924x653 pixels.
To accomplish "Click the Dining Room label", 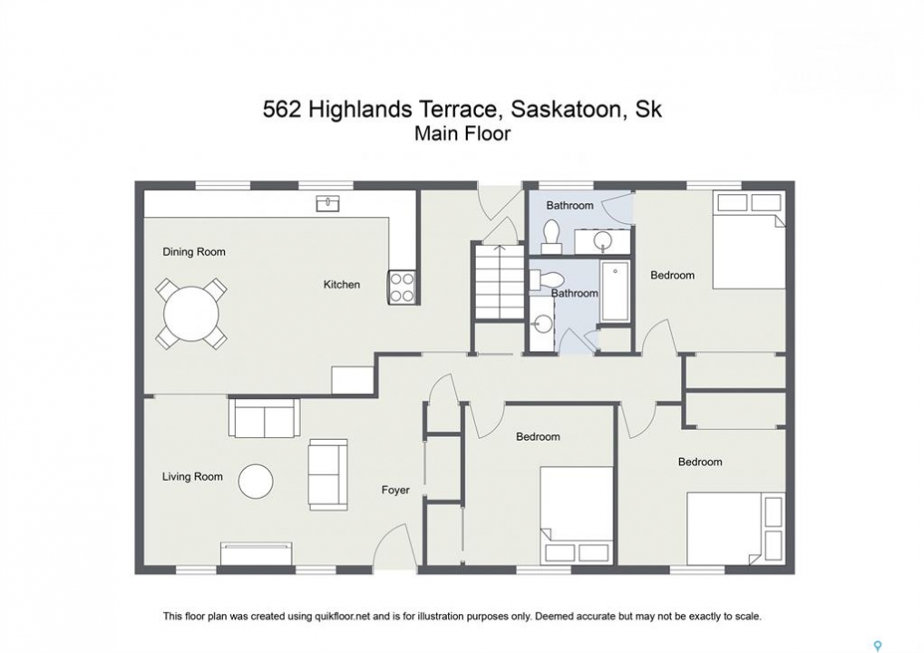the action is coord(194,252).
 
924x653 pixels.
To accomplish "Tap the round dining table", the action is coord(191,314).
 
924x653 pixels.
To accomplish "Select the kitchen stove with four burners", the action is coord(403,287).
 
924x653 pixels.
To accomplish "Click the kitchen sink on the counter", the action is coord(327,203).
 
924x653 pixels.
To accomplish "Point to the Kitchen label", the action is coord(342,285).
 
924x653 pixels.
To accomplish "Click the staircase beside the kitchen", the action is coord(500,282).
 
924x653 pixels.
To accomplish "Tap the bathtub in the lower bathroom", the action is coord(615,291).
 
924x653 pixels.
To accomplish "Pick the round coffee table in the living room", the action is coord(256,482).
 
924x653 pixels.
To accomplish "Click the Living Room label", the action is coord(193,477).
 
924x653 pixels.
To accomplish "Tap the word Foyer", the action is coord(395,491).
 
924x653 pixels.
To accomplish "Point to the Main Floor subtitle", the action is coord(462,133).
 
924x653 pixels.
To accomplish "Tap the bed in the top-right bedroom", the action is coord(749,239).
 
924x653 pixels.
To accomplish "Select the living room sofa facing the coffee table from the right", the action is coord(328,474).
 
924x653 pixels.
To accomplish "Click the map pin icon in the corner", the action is coord(878,646).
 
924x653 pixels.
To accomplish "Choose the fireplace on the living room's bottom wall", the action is coord(257,554).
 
